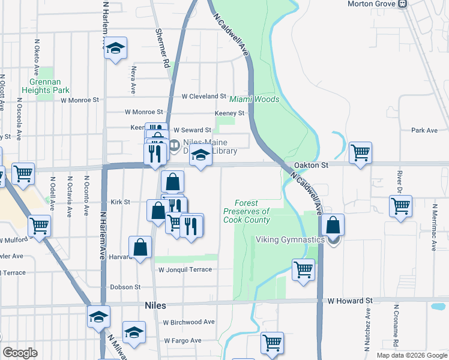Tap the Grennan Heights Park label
click(46, 86)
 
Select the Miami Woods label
click(254, 99)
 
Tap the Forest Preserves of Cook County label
click(246, 212)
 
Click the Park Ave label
click(424, 130)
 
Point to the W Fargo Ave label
click(182, 340)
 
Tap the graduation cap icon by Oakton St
click(200, 157)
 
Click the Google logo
click(20, 353)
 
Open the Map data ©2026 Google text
click(411, 355)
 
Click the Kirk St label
click(121, 202)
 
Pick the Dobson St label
click(125, 287)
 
